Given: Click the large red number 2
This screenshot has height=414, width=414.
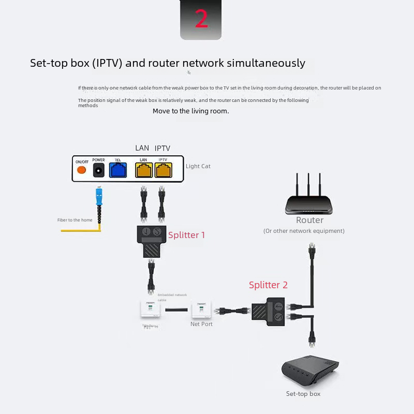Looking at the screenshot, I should (201, 19).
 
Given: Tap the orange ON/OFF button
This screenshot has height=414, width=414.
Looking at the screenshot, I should (82, 170).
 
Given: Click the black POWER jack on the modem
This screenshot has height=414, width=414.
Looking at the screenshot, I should (99, 170).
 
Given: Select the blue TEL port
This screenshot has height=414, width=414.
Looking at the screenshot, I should (118, 170).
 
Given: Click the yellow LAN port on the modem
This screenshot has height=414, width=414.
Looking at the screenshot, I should (143, 170).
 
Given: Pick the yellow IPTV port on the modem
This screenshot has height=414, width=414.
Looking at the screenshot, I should (163, 170).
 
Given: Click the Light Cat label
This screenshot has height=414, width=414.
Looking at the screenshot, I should (198, 166).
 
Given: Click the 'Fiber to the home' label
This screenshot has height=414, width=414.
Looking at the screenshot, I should (76, 220).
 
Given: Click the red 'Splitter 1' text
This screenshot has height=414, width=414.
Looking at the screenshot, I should (186, 235).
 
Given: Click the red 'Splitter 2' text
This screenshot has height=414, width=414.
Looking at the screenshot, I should (268, 285).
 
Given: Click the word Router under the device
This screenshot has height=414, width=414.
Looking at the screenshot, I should (309, 220).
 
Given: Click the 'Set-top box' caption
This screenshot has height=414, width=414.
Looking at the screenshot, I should (303, 394).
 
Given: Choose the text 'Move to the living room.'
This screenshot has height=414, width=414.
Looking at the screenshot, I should (190, 111).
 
